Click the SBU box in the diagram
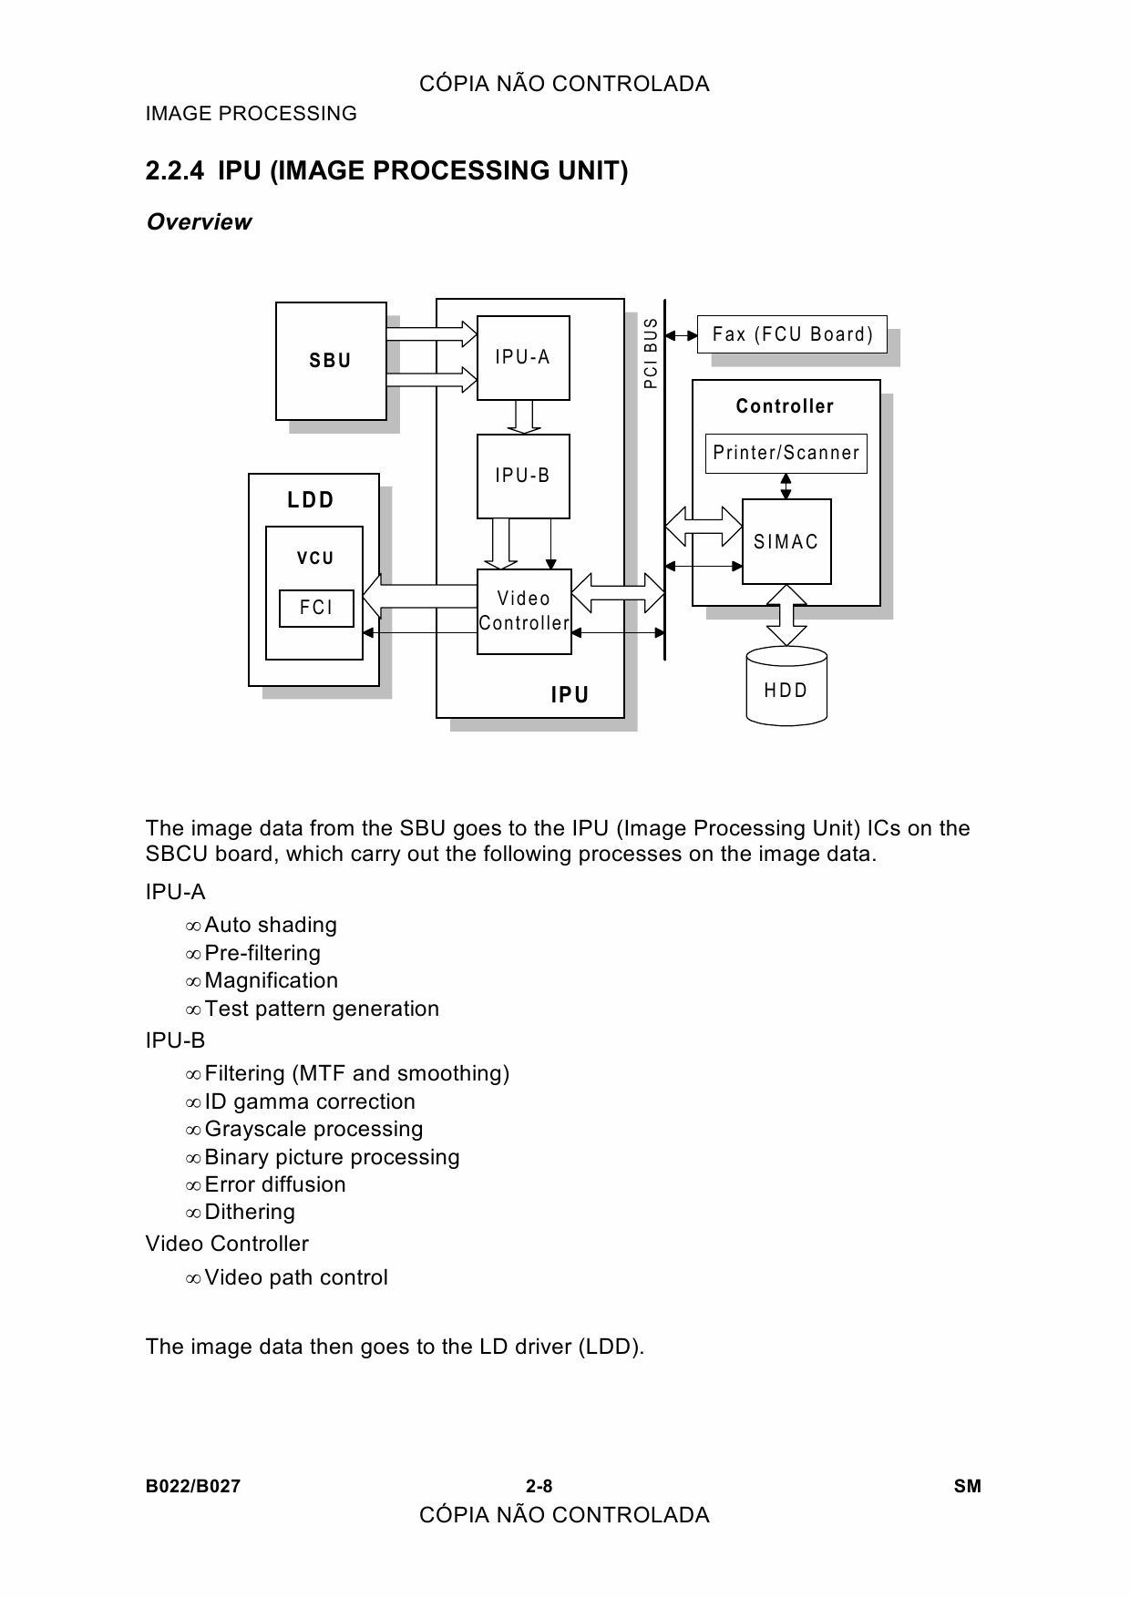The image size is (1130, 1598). point(331,361)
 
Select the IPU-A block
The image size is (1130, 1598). point(523,357)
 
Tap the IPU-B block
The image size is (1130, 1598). point(523,476)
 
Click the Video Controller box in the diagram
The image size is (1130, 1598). point(524,611)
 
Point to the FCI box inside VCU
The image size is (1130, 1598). point(316,608)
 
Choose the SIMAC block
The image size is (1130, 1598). point(786,541)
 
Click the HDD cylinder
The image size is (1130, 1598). point(786,686)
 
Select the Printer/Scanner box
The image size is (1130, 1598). point(786,453)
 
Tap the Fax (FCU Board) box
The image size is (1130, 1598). point(792,334)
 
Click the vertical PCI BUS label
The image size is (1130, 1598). point(651,353)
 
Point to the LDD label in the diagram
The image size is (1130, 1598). point(312,500)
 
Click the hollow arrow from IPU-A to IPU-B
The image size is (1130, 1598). point(523,417)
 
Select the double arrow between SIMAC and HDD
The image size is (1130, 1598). point(786,615)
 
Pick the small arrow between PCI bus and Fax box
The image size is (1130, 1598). point(682,334)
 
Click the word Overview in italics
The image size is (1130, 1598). point(199,222)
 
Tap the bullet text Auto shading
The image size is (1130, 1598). point(271,925)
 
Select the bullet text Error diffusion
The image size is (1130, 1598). point(275,1184)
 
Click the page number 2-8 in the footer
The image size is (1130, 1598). point(539,1487)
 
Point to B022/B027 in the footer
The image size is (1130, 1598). point(193,1487)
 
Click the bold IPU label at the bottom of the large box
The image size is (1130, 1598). point(570,695)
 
